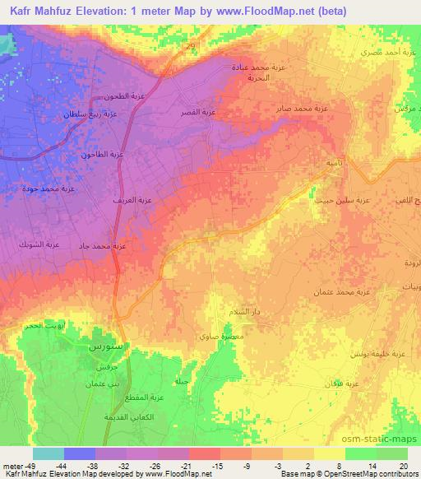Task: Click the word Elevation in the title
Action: click(x=109, y=12)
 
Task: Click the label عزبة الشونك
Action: click(x=41, y=244)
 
